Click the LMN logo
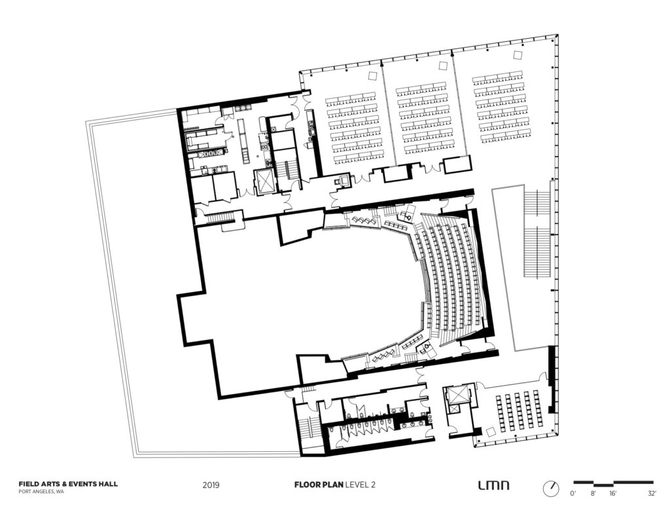tap(493, 485)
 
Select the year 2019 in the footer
tap(211, 485)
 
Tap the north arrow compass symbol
tap(551, 489)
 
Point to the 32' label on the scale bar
tap(652, 494)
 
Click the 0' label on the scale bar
tap(573, 494)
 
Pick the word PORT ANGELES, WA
tap(41, 492)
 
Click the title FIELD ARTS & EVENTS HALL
tap(68, 484)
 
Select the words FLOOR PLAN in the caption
tap(319, 485)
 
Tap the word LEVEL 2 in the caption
tap(361, 485)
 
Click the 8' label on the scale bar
tap(593, 494)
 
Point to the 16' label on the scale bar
tap(612, 494)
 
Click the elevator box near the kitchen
tap(264, 182)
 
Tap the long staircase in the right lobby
tap(537, 235)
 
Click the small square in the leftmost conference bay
tap(372, 76)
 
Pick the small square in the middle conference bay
tap(443, 65)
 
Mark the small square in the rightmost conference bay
tap(519, 55)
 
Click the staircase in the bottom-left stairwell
tap(307, 428)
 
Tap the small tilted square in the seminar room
tap(491, 431)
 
